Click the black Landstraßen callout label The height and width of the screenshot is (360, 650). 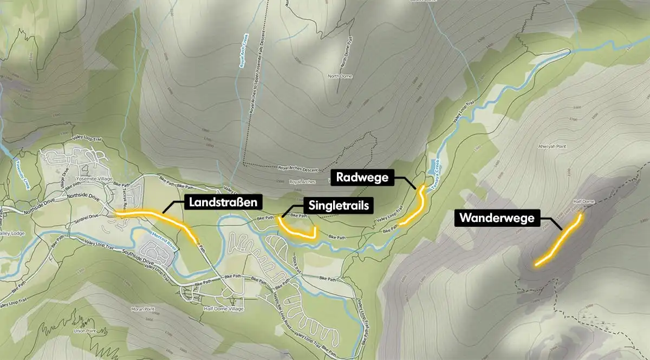point(223,203)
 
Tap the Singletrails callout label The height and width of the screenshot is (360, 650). point(339,205)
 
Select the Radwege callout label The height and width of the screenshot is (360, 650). point(362,178)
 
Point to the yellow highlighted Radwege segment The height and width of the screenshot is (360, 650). point(417,206)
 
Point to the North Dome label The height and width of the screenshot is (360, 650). point(340,76)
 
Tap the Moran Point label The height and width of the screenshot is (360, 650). point(142,310)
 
